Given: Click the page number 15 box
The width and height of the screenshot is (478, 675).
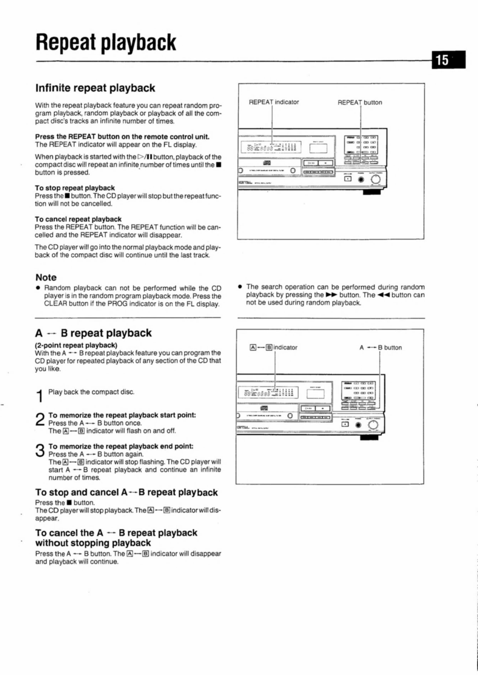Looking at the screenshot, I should [x=449, y=60].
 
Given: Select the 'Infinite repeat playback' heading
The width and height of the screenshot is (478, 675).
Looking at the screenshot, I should [x=95, y=88].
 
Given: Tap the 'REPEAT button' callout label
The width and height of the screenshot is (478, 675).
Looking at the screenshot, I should [x=360, y=102].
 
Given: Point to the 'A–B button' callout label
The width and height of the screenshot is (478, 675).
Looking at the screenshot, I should [x=380, y=347].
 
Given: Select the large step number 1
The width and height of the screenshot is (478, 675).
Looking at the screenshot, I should [x=40, y=396].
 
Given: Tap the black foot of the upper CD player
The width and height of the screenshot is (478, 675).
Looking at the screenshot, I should [x=372, y=192].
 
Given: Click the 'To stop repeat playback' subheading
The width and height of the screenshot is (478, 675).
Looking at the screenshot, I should [x=75, y=188].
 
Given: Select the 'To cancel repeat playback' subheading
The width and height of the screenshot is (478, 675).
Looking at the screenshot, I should [x=78, y=219].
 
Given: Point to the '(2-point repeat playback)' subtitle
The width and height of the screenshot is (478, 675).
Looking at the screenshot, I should [x=76, y=345].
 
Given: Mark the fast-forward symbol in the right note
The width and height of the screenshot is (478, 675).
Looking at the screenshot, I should [x=331, y=295].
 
